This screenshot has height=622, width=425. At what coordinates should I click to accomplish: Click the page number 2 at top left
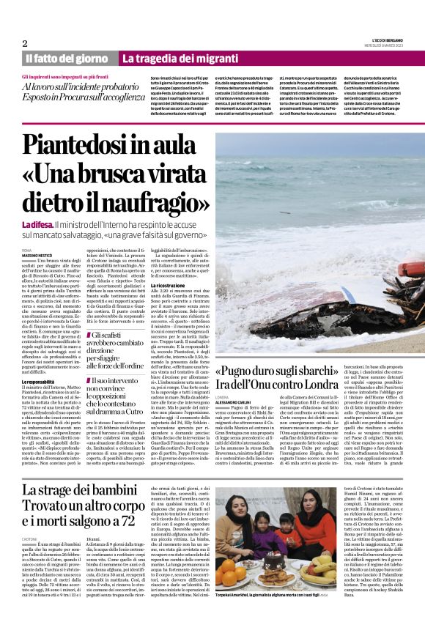[25, 43]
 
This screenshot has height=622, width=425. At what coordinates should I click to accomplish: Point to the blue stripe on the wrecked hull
[348, 295]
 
